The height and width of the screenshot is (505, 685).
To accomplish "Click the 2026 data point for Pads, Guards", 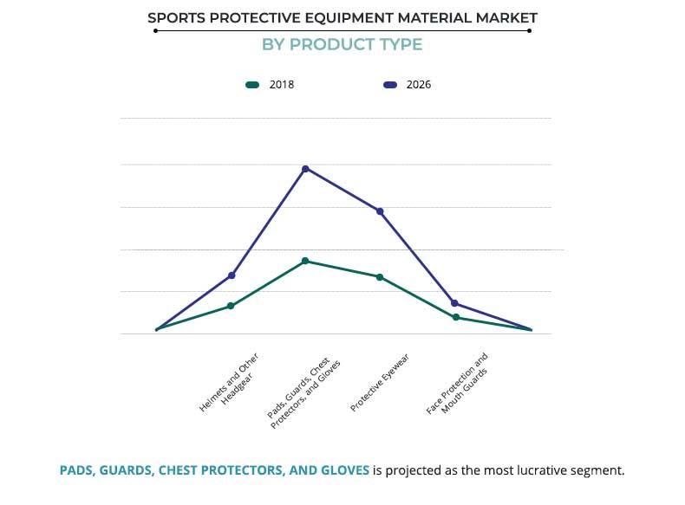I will [x=305, y=168].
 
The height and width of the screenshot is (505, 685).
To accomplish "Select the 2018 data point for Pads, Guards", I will [x=305, y=261].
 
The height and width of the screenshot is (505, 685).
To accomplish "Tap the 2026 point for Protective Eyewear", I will [x=380, y=211].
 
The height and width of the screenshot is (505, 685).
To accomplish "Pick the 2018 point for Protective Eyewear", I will [x=380, y=277].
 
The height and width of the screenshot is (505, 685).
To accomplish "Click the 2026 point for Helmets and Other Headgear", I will [x=231, y=275].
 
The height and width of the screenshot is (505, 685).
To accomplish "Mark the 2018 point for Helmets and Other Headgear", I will [x=231, y=306].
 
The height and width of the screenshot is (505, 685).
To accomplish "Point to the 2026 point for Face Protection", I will [x=454, y=303].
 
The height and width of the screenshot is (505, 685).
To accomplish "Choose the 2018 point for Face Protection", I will [x=454, y=318].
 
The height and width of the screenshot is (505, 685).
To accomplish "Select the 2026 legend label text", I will [x=419, y=85].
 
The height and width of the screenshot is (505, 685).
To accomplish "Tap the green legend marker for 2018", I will [x=252, y=85].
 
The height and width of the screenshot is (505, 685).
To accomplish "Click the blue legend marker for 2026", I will [x=389, y=85].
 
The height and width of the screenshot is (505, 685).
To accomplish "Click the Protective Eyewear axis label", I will [x=380, y=383].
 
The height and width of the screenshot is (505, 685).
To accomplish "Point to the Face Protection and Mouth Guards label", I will [x=458, y=383].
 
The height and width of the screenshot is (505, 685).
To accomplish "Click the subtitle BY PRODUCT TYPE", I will [x=342, y=44].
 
